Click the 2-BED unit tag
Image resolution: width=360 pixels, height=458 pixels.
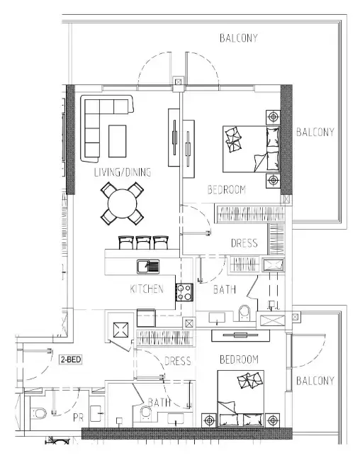tap(70, 359)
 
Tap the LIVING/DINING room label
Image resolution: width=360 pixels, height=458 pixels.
tap(123, 172)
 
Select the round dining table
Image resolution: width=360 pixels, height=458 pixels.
tap(123, 203)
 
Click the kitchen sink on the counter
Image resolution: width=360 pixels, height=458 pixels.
tap(148, 267)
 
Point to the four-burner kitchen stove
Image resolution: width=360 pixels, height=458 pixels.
tap(184, 292)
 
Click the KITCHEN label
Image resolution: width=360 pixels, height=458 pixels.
tap(147, 289)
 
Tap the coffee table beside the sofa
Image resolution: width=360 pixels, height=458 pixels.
tap(118, 141)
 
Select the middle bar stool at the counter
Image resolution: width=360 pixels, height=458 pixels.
tap(144, 242)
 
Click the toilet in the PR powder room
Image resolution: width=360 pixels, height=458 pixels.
tap(38, 413)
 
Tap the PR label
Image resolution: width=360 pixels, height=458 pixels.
tap(78, 418)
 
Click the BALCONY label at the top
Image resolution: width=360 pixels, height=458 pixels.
tap(239, 38)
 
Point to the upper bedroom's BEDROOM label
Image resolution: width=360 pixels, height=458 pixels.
tap(227, 189)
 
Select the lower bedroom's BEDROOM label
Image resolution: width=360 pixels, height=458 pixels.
tap(239, 359)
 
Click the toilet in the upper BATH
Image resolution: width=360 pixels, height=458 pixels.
tap(244, 313)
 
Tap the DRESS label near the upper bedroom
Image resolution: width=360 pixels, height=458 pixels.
tap(244, 243)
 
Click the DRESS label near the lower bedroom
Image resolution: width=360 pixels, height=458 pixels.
tap(177, 361)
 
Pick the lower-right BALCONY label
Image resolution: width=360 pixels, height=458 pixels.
tap(315, 381)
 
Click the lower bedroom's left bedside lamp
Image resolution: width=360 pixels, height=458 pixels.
tap(209, 420)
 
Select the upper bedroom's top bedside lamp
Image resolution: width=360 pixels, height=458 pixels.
tap(273, 117)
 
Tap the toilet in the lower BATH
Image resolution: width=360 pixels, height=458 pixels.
tap(145, 413)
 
